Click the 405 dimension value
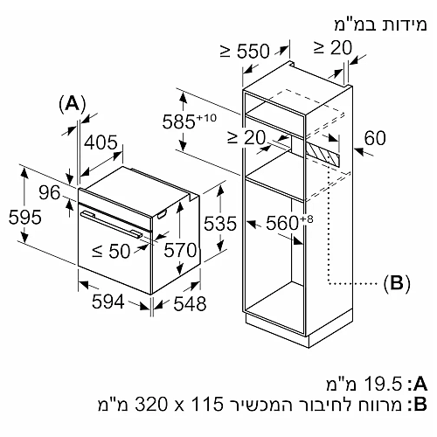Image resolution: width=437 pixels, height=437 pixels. coord(101,142)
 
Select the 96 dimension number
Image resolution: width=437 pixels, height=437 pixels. coord(50,192)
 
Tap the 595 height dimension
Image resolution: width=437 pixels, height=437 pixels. coord(25,218)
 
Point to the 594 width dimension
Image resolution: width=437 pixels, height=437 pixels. coord(108,302)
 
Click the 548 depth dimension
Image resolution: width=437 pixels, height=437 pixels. coord(190,303)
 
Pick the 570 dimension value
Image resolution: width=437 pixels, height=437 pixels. coord(180,250)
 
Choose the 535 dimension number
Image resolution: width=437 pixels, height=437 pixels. coord(220,224)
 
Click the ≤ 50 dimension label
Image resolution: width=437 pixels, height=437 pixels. coord(111,251)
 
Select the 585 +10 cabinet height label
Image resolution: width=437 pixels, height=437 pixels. coord(190,121)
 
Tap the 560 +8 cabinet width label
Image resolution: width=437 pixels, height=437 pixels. coord(289,223)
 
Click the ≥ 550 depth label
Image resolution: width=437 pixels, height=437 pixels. coord(245,51)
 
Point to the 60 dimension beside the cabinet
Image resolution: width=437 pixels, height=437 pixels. coord(375,138)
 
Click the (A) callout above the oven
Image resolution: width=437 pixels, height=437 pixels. coord(73,104)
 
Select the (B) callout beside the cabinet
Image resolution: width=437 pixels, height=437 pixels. coord(397,283)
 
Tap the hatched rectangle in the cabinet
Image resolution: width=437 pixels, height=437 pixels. coord(323,154)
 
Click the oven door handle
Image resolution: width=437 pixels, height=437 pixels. coord(111,225)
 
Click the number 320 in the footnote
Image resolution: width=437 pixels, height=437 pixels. coord(151,404)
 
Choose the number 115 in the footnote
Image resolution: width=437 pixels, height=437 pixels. coord(206,404)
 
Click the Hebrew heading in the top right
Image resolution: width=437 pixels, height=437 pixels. coord(380,24)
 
